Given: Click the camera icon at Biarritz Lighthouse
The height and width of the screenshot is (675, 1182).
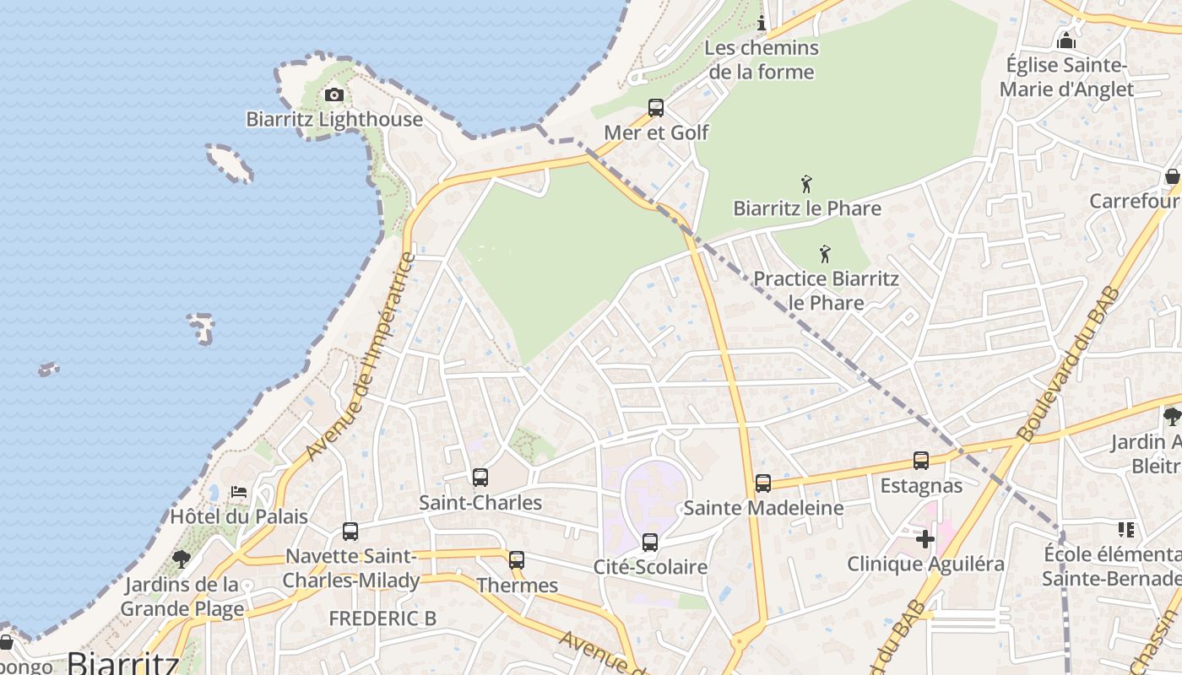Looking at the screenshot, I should tap(334, 94).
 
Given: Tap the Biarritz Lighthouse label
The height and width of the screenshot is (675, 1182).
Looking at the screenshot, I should tap(334, 119).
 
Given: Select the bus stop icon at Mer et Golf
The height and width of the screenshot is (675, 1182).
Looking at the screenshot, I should tap(656, 108).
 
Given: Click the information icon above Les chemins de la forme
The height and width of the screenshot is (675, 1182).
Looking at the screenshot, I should tap(762, 23).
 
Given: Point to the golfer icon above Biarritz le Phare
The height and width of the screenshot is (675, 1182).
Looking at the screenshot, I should tap(806, 183).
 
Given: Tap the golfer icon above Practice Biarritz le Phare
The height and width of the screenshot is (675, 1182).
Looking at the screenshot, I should tap(825, 253).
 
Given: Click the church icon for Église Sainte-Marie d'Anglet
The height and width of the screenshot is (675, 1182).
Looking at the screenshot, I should tap(1066, 40).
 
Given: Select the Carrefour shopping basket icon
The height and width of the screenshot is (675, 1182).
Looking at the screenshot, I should tap(1173, 176).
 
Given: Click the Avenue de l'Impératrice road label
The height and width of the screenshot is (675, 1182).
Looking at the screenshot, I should tap(361, 356).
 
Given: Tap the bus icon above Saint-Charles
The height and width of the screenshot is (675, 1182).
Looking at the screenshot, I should tap(480, 478).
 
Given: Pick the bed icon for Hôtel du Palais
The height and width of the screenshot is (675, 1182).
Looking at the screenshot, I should tap(239, 491).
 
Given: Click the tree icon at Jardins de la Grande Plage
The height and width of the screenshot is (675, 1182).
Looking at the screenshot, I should tap(181, 559).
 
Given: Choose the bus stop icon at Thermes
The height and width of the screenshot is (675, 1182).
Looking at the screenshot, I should tap(517, 559).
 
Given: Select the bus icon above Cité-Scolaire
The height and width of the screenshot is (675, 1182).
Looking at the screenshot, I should tap(649, 543).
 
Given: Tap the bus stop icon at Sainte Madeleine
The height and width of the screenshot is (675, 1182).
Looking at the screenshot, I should tap(763, 483).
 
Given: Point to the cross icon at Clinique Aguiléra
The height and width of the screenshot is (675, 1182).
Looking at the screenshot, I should tap(925, 538).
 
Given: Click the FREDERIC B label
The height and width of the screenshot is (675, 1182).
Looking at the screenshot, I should tap(382, 618).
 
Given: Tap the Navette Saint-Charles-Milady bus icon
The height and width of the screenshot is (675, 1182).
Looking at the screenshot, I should tap(350, 532).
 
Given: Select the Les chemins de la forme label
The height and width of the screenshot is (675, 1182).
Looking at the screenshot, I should tap(762, 60).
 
